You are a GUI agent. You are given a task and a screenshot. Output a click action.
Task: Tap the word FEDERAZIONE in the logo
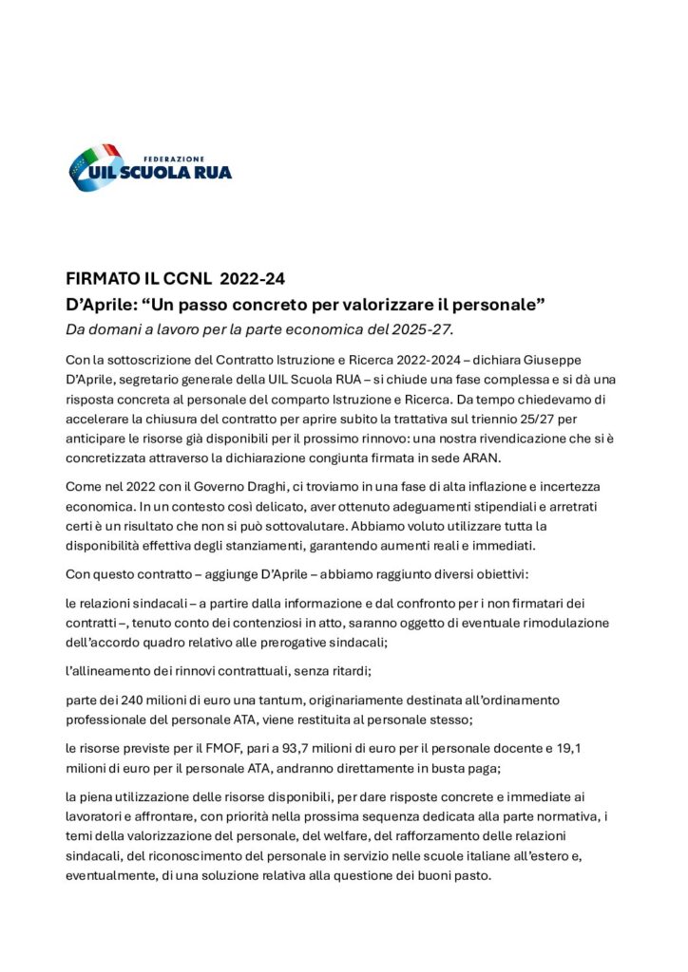click(174, 158)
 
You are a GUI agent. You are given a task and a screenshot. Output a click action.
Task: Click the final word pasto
click(470, 875)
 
